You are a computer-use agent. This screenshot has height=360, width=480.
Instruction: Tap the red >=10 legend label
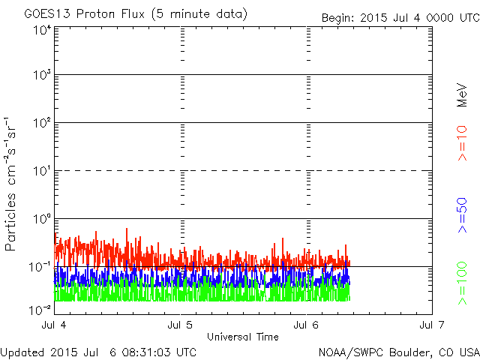click(463, 143)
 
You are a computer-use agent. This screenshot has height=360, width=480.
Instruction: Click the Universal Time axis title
click(243, 337)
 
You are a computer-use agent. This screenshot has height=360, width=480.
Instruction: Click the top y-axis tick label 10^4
click(41, 29)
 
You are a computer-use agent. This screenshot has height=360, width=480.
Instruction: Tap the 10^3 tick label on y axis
click(41, 75)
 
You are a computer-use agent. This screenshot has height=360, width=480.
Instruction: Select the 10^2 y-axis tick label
click(41, 122)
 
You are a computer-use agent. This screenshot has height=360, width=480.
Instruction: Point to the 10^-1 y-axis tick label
click(40, 266)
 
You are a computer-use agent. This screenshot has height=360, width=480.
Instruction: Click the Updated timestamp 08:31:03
click(148, 352)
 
